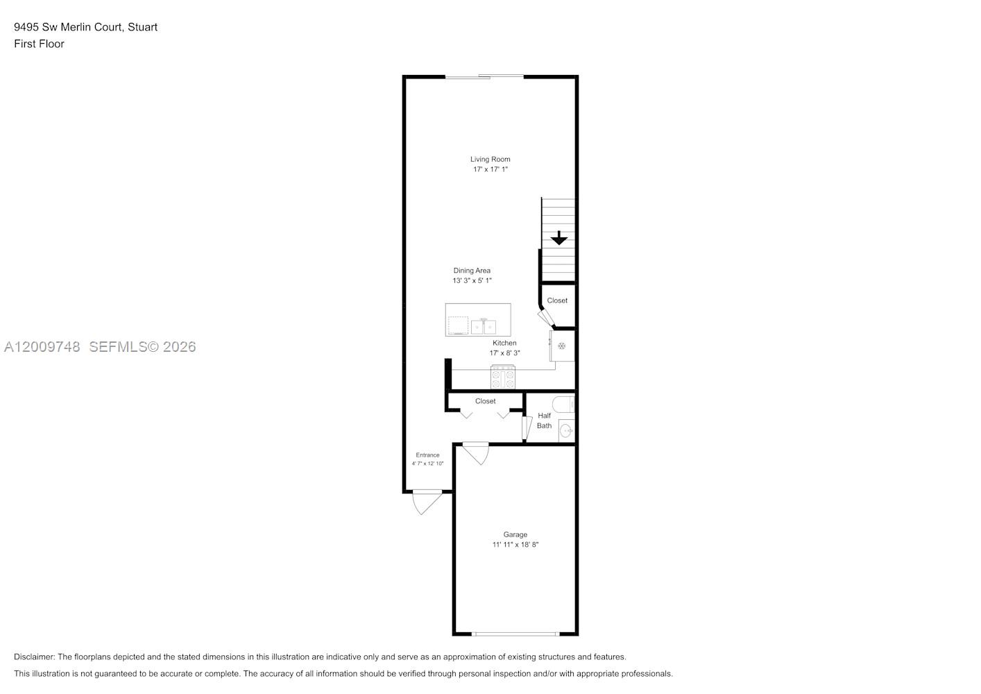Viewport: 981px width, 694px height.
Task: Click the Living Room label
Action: click(490, 160)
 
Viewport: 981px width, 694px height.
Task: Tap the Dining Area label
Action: click(472, 271)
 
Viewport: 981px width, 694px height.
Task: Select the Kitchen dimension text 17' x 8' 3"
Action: click(504, 353)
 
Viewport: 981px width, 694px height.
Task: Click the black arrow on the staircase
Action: click(558, 238)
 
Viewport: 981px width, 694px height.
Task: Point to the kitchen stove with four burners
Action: click(503, 377)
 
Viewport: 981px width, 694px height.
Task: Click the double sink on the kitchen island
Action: click(484, 326)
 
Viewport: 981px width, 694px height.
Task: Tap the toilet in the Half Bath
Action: click(563, 404)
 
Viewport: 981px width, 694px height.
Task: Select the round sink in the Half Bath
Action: click(566, 431)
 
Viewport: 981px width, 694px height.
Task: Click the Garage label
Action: click(515, 534)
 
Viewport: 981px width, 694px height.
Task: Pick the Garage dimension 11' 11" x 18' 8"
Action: click(515, 545)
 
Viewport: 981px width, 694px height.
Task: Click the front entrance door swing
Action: click(427, 502)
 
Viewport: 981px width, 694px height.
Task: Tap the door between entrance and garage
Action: click(476, 453)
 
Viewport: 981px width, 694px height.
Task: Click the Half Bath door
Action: click(527, 428)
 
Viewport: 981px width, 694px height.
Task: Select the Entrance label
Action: click(427, 455)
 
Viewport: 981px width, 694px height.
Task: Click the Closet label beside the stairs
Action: click(557, 301)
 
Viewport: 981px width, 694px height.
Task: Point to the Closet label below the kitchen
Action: click(485, 401)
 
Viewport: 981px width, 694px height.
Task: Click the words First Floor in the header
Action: click(39, 44)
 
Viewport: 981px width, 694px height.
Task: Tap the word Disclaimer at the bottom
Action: click(35, 657)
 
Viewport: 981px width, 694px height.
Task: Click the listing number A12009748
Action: click(42, 347)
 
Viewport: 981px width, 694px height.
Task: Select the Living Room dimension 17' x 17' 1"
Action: click(490, 169)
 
